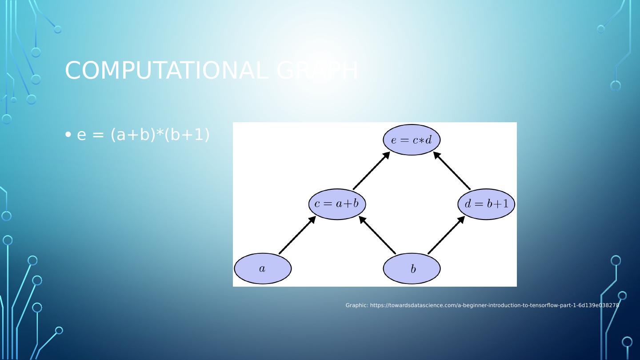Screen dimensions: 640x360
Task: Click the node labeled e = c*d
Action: [412, 140]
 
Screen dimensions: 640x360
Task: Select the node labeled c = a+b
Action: [337, 204]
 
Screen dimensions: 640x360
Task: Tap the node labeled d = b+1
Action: [486, 204]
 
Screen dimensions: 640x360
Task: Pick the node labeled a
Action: [263, 268]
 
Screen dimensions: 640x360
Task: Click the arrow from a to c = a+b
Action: [297, 236]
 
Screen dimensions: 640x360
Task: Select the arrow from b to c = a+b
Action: [377, 236]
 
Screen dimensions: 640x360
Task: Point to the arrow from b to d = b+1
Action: [446, 236]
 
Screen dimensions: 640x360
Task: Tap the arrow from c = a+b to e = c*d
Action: [372, 171]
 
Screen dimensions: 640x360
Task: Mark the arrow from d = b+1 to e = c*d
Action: [452, 171]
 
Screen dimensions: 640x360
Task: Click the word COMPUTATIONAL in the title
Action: [166, 71]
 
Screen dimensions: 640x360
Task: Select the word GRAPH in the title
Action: [317, 71]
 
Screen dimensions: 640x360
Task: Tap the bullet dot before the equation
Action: [68, 134]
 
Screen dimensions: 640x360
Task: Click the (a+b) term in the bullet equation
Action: [131, 134]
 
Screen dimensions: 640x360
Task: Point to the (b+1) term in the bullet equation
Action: [187, 134]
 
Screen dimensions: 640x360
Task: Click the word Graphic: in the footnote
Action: [357, 305]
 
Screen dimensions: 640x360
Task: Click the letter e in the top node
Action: [394, 140]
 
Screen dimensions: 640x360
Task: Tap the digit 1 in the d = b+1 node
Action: [505, 204]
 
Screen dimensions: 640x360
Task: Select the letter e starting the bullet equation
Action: [81, 135]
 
